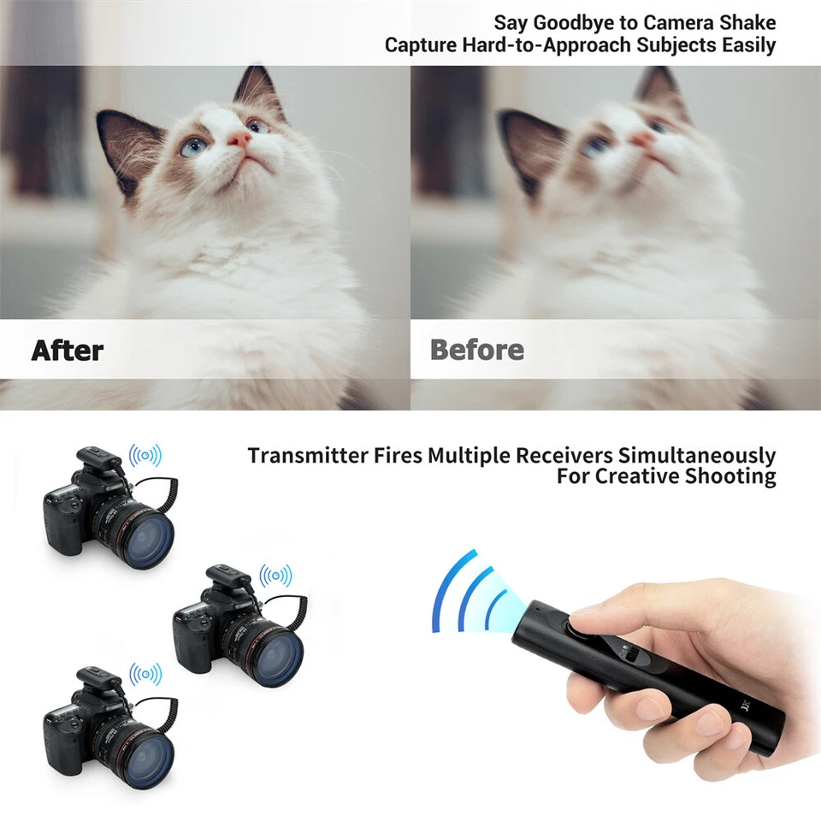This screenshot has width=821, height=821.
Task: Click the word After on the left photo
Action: coord(68,350)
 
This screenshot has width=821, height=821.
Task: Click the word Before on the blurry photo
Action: coord(477,350)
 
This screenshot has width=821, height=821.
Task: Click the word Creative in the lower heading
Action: coord(636,476)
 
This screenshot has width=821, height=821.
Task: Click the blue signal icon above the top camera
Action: coord(145,455)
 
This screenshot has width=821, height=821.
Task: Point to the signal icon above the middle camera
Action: coord(275,576)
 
